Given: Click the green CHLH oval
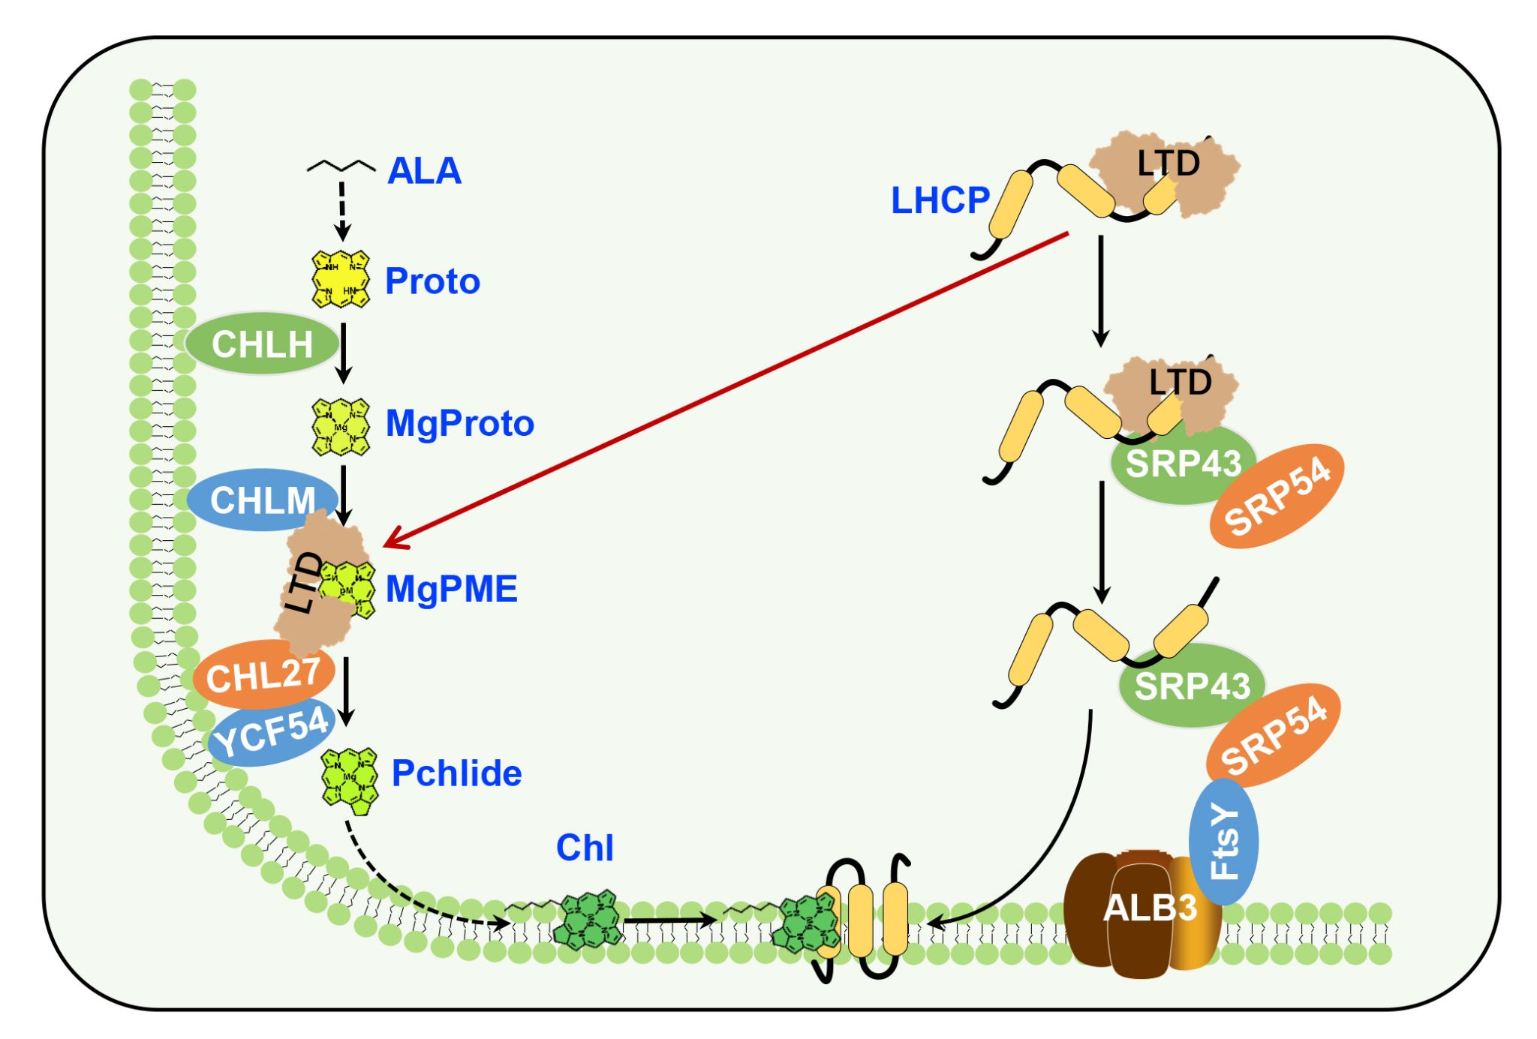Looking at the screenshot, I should click(262, 344).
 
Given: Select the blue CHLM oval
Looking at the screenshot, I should click(263, 500).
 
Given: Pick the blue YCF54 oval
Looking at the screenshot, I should click(272, 733).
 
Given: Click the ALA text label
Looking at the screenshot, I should click(424, 171).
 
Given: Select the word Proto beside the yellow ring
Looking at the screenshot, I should click(432, 281).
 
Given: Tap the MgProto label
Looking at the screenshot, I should click(459, 423).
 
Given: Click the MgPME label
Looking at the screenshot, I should click(451, 589).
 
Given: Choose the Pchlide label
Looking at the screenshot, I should click(456, 773).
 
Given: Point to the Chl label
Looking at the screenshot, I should click(585, 848).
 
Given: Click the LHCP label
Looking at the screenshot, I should click(940, 200).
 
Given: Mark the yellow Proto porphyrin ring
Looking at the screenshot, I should click(341, 280).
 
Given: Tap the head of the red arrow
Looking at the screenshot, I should click(389, 544).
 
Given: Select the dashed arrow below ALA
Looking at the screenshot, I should click(342, 210).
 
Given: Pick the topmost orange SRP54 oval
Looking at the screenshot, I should click(1277, 496).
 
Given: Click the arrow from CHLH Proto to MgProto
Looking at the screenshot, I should click(344, 353).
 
